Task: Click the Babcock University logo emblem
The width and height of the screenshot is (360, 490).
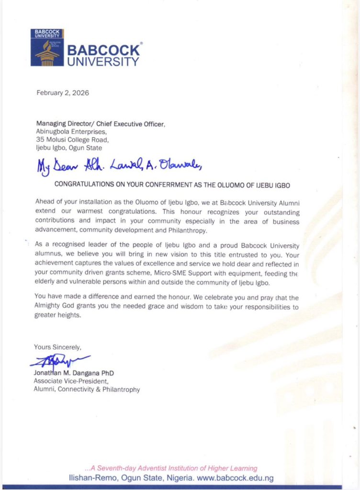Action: coord(46,48)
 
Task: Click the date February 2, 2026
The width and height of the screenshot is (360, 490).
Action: coord(63,93)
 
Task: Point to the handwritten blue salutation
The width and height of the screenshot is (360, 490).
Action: coord(120,166)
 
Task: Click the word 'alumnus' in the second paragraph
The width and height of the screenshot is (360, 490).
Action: coord(50,251)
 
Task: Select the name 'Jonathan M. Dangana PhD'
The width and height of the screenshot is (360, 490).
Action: coord(74,373)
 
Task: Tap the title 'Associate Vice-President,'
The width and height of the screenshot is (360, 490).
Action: coord(71,381)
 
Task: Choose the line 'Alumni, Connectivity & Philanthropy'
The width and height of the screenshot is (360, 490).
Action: coord(87,390)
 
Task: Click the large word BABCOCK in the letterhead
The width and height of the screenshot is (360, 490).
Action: coord(103,50)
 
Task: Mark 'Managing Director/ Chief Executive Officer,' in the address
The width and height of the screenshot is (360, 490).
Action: coord(101,124)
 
